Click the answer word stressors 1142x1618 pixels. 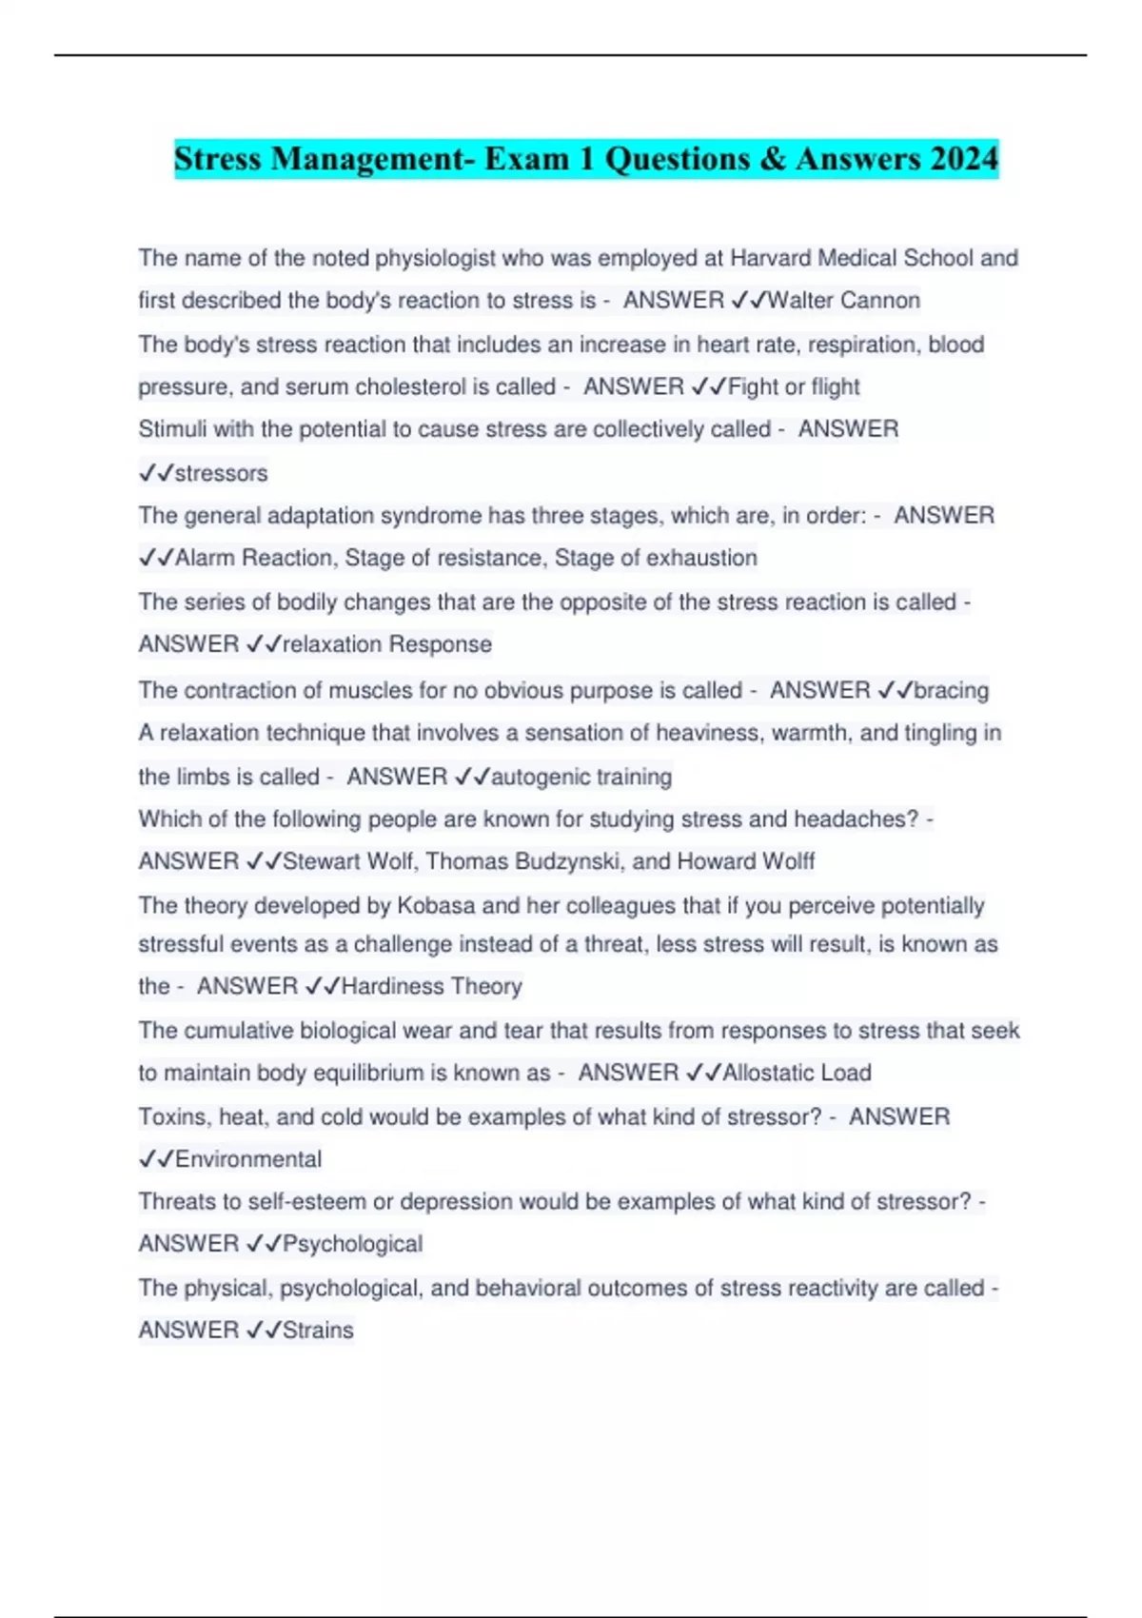(221, 473)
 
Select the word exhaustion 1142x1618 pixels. (701, 558)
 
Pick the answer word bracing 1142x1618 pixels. (951, 690)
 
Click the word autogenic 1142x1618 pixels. (541, 777)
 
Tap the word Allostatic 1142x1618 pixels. (768, 1073)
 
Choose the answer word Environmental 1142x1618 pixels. (248, 1159)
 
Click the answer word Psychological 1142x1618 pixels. (352, 1244)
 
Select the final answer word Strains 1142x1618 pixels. (318, 1330)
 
